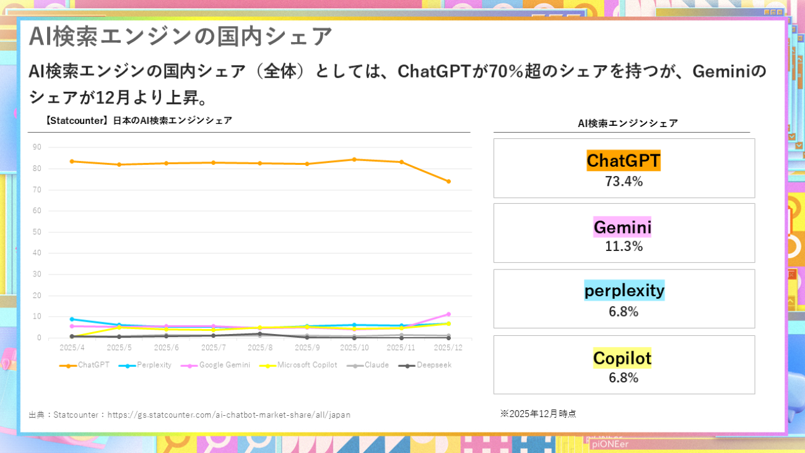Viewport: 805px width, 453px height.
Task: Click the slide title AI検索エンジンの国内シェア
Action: [180, 36]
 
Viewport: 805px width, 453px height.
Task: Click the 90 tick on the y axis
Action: [37, 147]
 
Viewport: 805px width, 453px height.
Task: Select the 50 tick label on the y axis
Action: [37, 232]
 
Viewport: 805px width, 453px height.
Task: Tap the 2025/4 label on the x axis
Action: [72, 348]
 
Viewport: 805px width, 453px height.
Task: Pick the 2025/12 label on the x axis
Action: [448, 348]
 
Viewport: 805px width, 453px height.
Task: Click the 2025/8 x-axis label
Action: [260, 348]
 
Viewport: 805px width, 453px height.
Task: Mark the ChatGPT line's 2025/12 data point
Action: [448, 182]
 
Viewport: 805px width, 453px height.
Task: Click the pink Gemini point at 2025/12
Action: [448, 314]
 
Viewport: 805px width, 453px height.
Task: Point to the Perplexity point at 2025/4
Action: [72, 319]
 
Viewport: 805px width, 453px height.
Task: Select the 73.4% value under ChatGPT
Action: [624, 182]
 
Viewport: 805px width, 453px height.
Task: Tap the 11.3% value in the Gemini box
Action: [624, 247]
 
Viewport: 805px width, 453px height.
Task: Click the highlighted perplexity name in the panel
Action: [624, 290]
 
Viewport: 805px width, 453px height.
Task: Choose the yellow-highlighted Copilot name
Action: [622, 358]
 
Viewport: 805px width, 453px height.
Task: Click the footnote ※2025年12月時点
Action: [538, 413]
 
